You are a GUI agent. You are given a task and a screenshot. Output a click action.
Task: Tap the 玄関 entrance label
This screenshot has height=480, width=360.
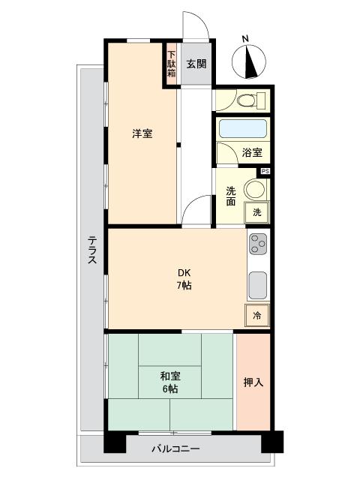pyautogui.click(x=196, y=64)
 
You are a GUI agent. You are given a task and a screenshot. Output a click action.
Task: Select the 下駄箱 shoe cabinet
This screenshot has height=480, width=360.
pyautogui.click(x=171, y=65)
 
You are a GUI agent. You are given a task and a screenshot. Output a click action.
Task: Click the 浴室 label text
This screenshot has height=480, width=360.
pyautogui.click(x=252, y=153)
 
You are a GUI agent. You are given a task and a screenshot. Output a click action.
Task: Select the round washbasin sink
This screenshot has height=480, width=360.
pyautogui.click(x=256, y=189)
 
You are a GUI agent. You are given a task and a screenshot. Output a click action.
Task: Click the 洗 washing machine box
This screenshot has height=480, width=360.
pyautogui.click(x=256, y=212)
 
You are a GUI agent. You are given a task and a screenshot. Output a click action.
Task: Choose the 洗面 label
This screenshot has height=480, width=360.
pyautogui.click(x=231, y=196)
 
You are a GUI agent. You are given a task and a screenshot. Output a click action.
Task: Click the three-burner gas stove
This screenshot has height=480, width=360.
pyautogui.click(x=257, y=244)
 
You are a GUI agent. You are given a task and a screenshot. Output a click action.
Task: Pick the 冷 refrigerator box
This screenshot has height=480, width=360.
pyautogui.click(x=256, y=316)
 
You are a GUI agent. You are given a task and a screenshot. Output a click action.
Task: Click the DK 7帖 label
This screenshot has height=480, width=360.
pyautogui.click(x=184, y=278)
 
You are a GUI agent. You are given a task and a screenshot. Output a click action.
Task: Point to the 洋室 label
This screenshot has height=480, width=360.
pyautogui.click(x=142, y=134)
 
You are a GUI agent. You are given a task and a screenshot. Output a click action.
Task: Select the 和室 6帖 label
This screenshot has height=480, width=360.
pyautogui.click(x=169, y=382)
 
